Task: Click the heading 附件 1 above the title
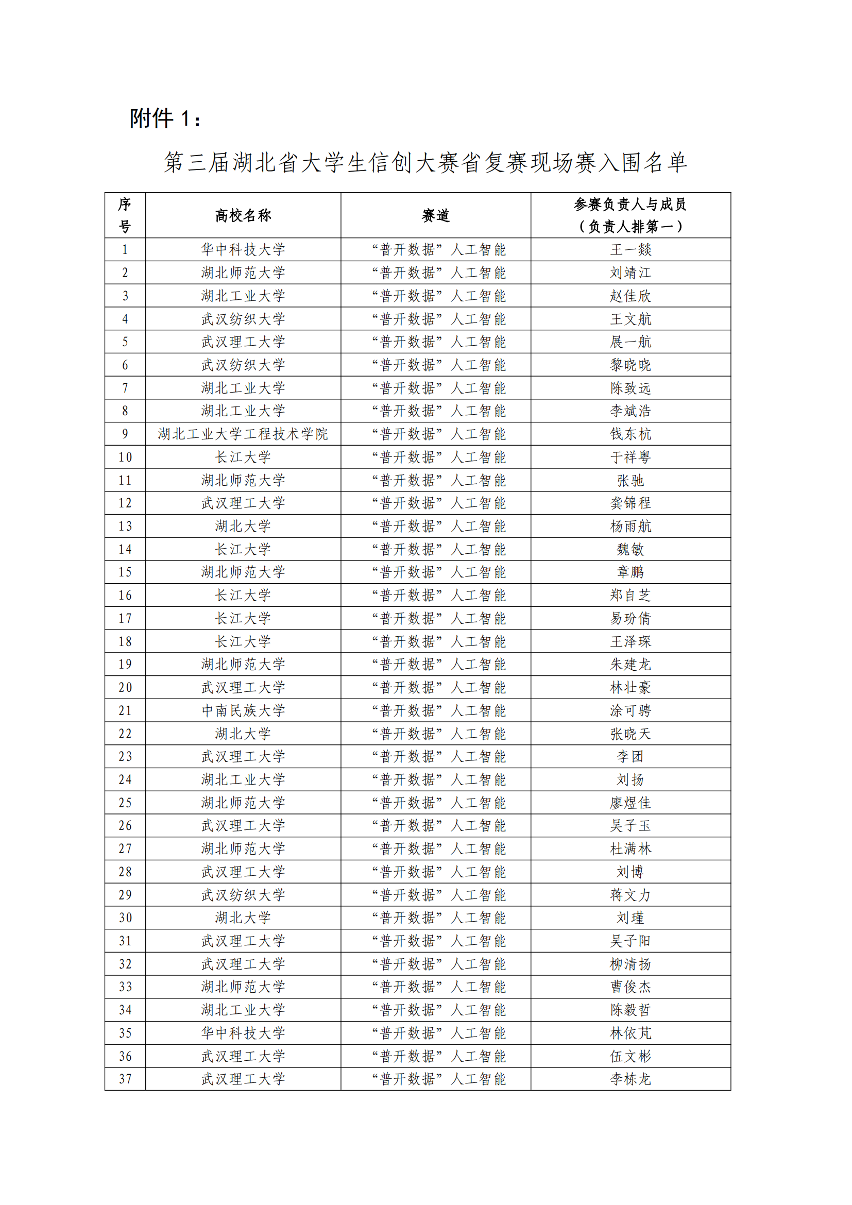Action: tap(165, 118)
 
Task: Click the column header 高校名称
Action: tap(243, 215)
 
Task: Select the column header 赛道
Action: tap(435, 215)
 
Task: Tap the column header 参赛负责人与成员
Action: tap(630, 204)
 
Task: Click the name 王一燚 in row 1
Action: tap(630, 250)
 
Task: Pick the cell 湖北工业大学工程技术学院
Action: tap(243, 434)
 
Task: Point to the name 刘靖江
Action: tap(630, 273)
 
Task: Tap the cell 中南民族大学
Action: tap(243, 710)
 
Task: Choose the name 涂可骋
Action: tap(630, 710)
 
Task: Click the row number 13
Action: tap(125, 527)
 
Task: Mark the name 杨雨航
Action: tap(630, 527)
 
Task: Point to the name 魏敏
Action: tap(630, 550)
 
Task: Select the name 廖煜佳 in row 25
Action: tap(630, 803)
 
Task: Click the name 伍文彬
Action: tap(630, 1057)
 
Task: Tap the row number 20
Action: tap(125, 688)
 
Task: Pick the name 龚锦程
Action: tap(630, 503)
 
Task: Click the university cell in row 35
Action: tap(243, 1033)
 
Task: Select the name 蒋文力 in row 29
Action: tap(630, 895)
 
